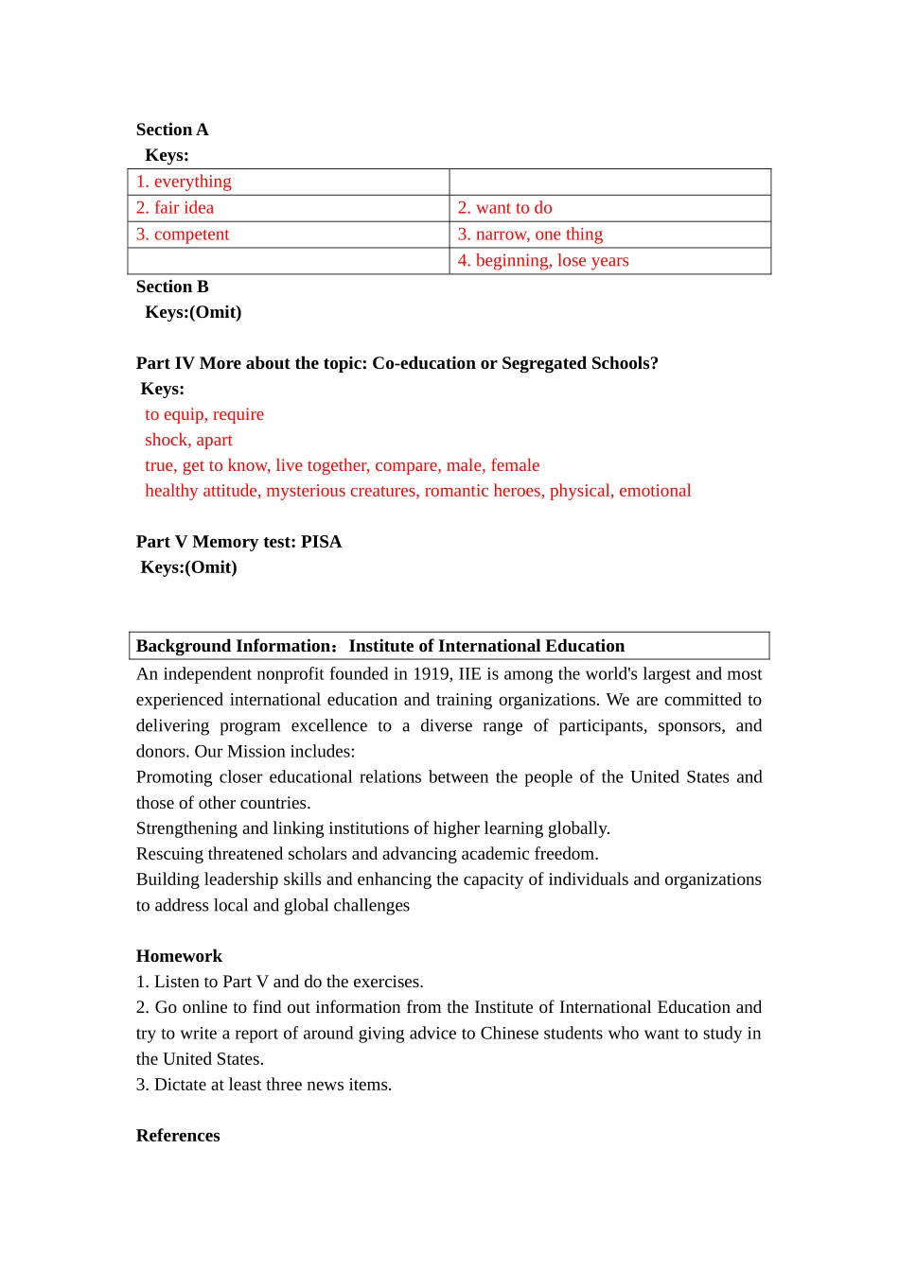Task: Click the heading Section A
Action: pyautogui.click(x=172, y=130)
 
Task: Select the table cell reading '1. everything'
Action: pyautogui.click(x=184, y=182)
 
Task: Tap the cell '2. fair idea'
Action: pyautogui.click(x=175, y=208)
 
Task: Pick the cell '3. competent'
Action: pyautogui.click(x=183, y=235)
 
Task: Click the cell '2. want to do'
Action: pyautogui.click(x=505, y=208)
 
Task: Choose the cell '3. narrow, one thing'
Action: pyautogui.click(x=530, y=235)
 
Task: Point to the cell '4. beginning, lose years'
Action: pyautogui.click(x=543, y=261)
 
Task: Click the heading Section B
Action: pyautogui.click(x=172, y=287)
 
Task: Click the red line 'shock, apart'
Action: pyautogui.click(x=188, y=440)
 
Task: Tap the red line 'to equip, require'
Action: pyautogui.click(x=204, y=414)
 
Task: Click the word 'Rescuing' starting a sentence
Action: pyautogui.click(x=168, y=854)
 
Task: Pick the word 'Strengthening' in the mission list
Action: pyautogui.click(x=186, y=828)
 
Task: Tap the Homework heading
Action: pyautogui.click(x=179, y=956)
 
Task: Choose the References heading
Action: pyautogui.click(x=178, y=1136)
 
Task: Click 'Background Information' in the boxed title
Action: pyautogui.click(x=233, y=646)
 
